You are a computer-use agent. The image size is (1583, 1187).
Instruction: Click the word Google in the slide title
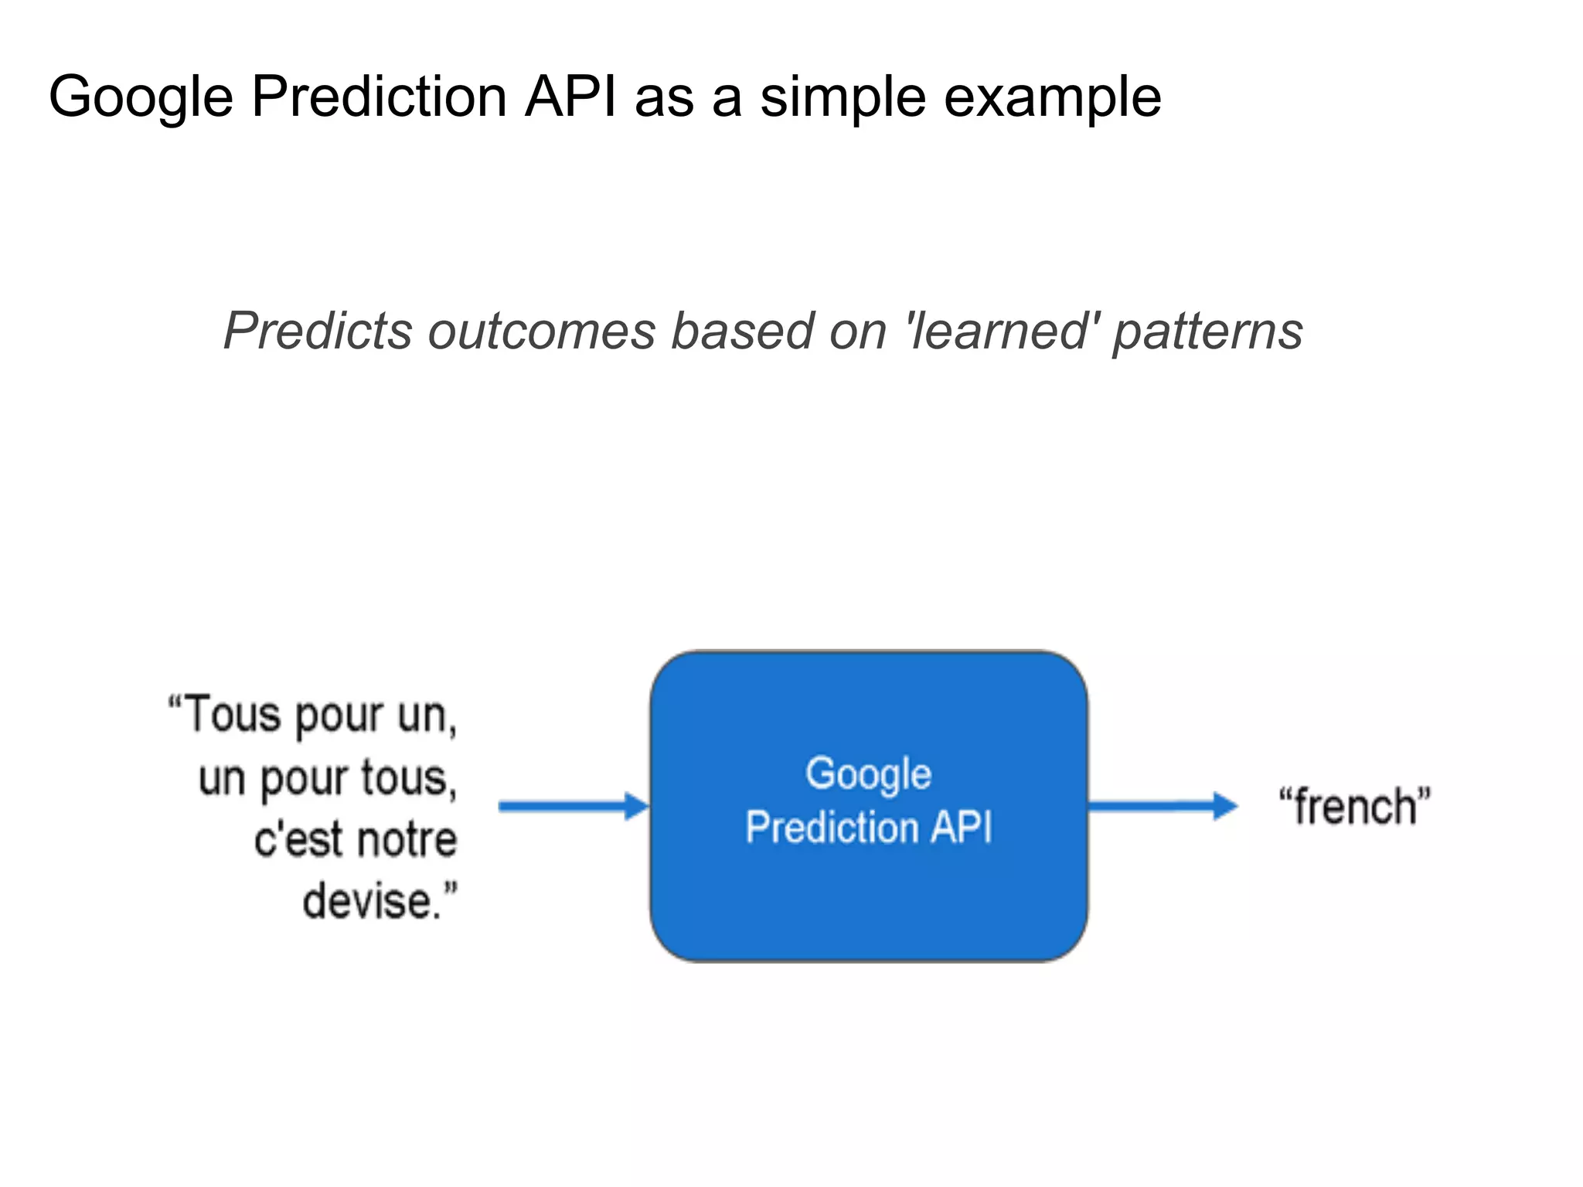click(141, 97)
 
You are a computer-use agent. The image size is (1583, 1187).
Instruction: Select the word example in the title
click(1052, 97)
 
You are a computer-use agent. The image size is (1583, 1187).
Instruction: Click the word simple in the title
click(843, 97)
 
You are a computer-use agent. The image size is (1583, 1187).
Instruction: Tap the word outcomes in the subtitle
click(542, 331)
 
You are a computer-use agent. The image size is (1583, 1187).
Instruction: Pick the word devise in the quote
click(366, 901)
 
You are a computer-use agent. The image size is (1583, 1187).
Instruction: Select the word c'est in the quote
click(298, 839)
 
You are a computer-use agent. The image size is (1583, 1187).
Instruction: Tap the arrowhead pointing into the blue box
click(637, 806)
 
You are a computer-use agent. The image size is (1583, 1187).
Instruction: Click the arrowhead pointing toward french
click(1225, 806)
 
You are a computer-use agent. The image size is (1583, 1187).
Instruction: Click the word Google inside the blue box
click(868, 774)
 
